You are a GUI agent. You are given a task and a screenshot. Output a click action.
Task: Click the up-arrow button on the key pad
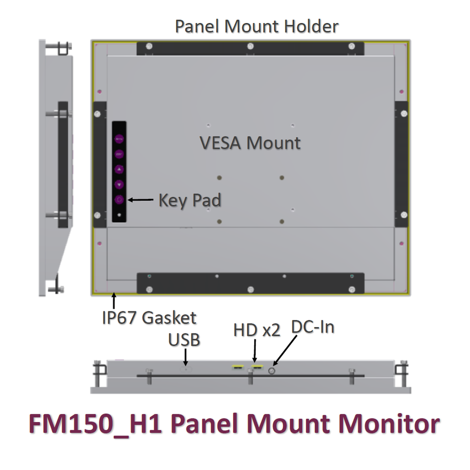119,169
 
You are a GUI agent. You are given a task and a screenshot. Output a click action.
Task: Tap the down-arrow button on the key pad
119,185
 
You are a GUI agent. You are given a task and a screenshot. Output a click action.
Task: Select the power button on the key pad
119,200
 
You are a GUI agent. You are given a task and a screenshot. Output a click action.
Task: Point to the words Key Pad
189,200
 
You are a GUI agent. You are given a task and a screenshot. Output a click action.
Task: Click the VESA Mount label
250,143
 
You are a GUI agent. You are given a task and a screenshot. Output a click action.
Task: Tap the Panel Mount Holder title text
257,26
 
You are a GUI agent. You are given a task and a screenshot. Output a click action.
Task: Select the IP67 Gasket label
149,318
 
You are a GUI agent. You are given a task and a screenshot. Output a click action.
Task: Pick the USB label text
184,339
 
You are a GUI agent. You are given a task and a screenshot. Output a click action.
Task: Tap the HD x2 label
257,330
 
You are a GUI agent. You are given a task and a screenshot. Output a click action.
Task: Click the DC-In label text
312,327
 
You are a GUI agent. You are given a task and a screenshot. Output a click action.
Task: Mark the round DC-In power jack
272,372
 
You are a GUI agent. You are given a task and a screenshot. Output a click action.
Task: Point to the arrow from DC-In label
286,351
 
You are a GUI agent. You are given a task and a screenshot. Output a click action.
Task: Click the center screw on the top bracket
250,47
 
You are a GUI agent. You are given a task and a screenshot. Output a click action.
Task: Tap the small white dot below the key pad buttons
119,215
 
